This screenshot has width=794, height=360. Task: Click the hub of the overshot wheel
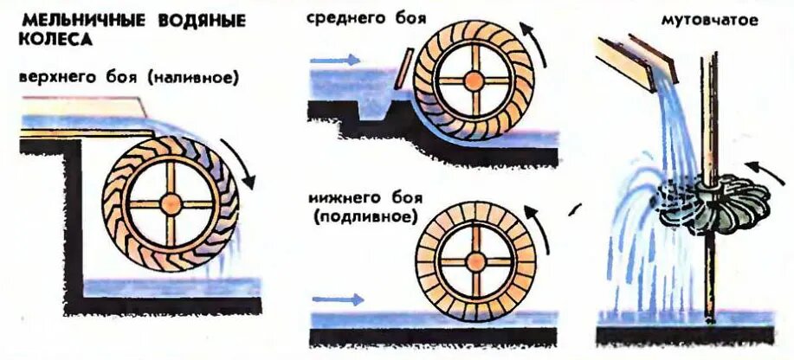point(171,203)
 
